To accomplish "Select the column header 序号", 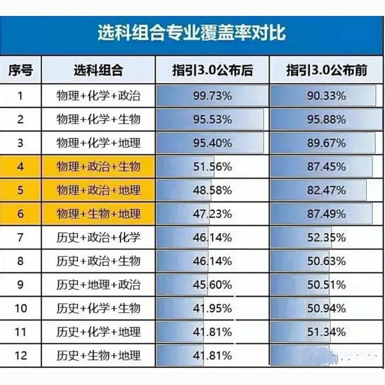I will click(20, 70).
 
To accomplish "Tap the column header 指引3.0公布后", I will click(212, 70).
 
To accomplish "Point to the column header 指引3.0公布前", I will click(326, 70).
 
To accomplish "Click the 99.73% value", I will click(212, 96).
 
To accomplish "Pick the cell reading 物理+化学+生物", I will click(98, 119).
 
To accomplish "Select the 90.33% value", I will click(326, 96).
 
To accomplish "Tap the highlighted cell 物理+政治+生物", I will click(98, 167).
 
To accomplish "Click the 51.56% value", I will click(212, 167).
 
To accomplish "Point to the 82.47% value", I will click(326, 190).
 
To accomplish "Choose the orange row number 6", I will click(20, 214).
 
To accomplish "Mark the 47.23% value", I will click(212, 214).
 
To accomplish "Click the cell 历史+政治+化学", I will click(98, 237).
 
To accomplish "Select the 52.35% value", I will click(326, 237).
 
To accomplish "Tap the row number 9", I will click(20, 284).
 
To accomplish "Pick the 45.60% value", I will click(212, 284).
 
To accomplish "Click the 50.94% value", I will click(326, 309).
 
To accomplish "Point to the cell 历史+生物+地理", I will click(98, 356).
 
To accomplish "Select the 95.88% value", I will click(326, 119).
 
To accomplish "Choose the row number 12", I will click(20, 356).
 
